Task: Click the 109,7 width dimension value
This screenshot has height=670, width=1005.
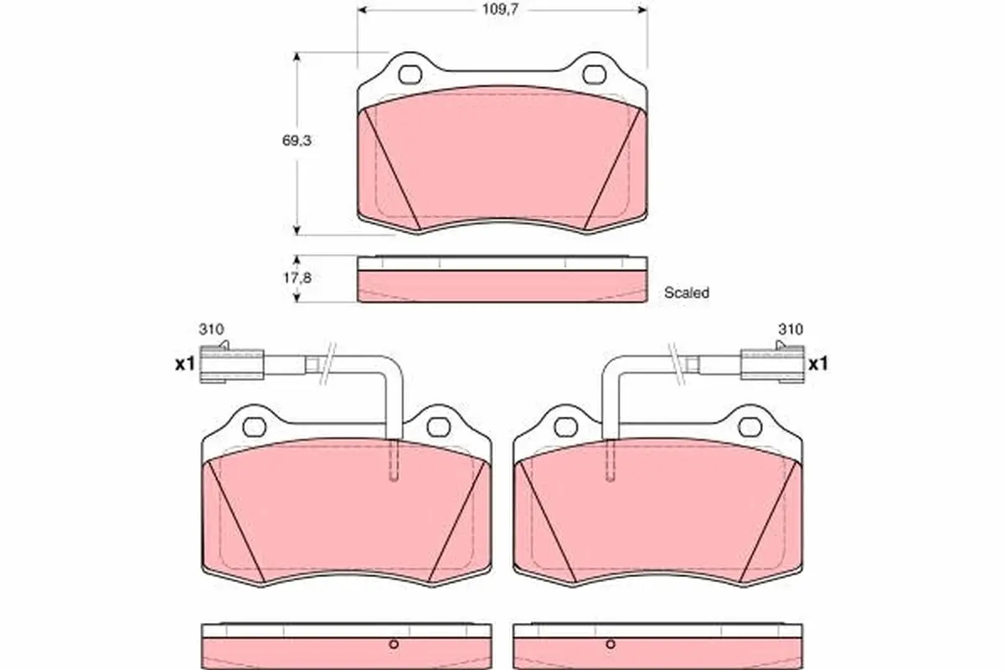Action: tap(502, 13)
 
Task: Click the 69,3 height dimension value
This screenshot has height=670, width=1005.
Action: tap(296, 142)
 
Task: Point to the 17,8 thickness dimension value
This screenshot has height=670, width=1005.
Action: tap(296, 278)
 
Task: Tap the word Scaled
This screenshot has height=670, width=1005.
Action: tap(686, 293)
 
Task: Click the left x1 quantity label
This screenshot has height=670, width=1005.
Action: tap(183, 364)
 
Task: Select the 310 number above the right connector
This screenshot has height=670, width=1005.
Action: tap(790, 329)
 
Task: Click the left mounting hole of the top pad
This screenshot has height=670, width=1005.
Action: tap(410, 75)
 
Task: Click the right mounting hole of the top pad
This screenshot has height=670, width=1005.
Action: tap(595, 75)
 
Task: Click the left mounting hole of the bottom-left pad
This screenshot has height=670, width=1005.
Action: tap(254, 427)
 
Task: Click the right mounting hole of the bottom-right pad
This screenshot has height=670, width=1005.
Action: tap(750, 427)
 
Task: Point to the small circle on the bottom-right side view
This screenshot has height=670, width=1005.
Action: tap(611, 644)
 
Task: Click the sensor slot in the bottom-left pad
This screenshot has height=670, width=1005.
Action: tap(394, 461)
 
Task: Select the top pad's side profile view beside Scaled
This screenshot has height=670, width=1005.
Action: tap(502, 279)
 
